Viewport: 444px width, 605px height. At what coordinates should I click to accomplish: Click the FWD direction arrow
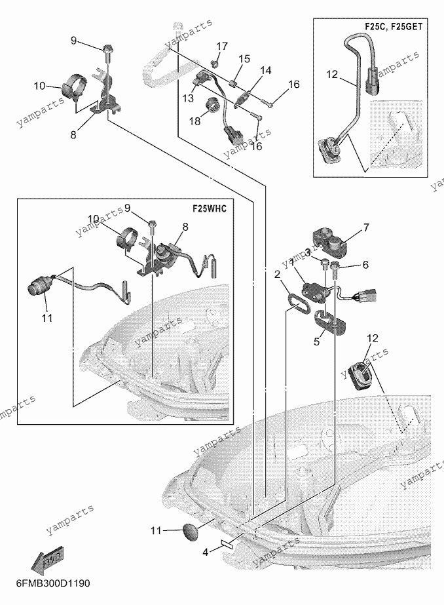coord(47,559)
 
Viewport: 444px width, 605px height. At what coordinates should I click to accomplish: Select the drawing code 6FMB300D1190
coord(53,583)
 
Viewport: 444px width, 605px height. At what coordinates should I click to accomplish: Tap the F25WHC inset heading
coord(210,208)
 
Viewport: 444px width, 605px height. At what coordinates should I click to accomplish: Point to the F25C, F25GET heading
coord(394,27)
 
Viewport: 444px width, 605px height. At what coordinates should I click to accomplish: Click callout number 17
coord(222,47)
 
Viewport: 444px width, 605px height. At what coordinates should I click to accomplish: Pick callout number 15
coord(244,58)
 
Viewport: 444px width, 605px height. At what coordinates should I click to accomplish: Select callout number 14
coord(266,70)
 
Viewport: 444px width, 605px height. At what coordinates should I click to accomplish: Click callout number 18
coord(195,121)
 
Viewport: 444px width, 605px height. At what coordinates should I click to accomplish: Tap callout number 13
coord(188,98)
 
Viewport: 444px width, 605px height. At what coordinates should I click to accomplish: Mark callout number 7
coord(366,227)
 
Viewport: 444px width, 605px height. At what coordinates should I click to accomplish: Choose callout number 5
coord(316,342)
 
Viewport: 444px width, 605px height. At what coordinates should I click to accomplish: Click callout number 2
coord(277,275)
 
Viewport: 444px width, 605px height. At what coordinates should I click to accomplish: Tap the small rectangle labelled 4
coord(227,544)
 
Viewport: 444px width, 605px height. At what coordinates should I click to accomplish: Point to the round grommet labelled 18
coord(212,106)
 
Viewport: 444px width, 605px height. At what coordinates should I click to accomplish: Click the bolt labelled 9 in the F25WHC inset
coord(152,227)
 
